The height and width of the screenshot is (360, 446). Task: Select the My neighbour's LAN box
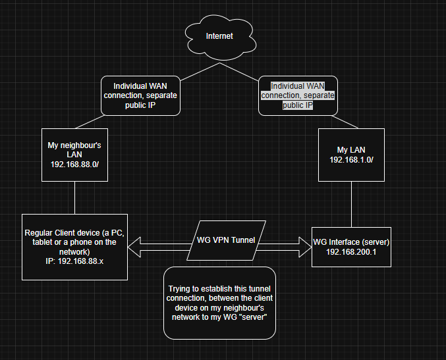click(74, 154)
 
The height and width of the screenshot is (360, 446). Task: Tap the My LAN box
click(350, 154)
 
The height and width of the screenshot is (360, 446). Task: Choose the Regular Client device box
click(74, 246)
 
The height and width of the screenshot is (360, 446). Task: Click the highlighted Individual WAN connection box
click(298, 95)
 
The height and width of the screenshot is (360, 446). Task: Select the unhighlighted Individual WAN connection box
click(140, 95)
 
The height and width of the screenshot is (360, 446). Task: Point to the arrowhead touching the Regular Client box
click(134, 247)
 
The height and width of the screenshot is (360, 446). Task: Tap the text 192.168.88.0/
click(74, 164)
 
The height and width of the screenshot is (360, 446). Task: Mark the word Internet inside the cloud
click(219, 36)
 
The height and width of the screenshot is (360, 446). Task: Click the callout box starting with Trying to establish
click(219, 303)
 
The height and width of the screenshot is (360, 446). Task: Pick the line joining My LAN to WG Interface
click(350, 202)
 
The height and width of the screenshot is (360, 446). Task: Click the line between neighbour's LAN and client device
click(74, 197)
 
